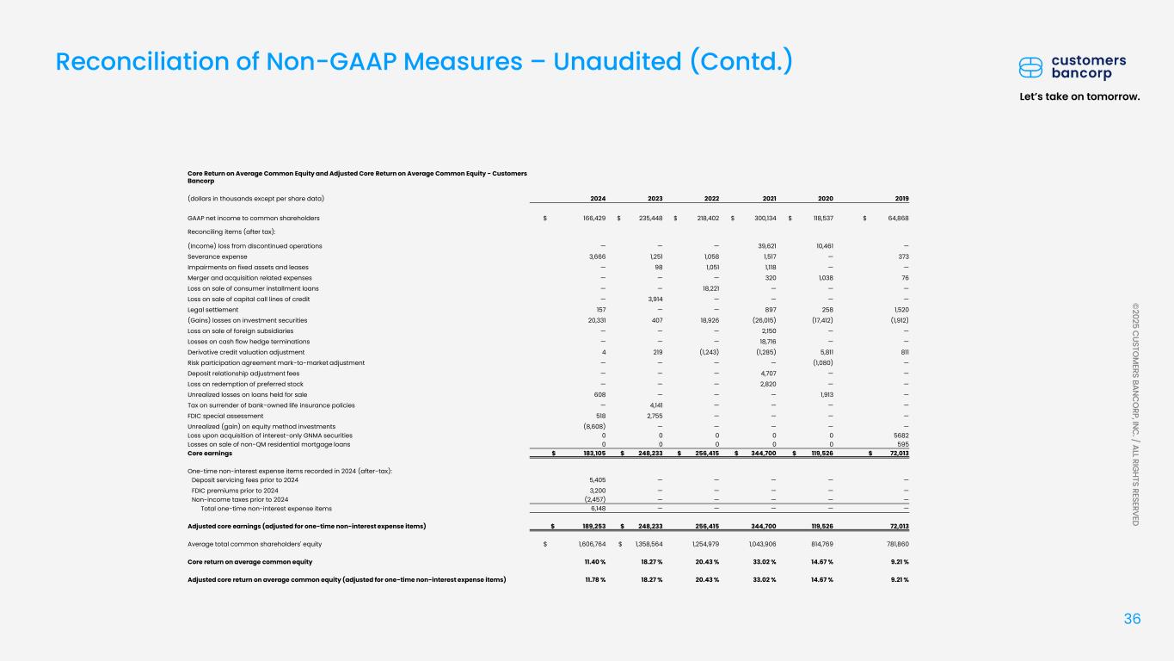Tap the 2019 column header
pos(901,199)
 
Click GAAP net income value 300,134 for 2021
pos(763,218)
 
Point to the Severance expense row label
pos(218,256)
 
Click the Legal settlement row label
pos(212,309)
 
